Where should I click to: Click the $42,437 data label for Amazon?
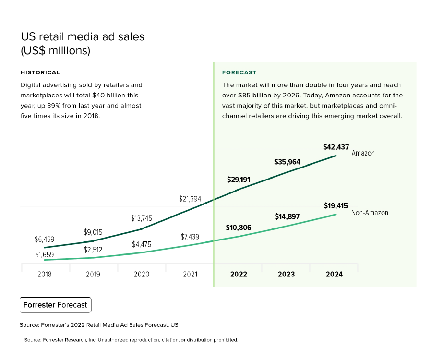point(336,147)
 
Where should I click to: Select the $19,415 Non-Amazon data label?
point(336,206)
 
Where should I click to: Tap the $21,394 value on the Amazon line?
point(190,199)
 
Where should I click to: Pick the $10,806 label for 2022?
point(239,228)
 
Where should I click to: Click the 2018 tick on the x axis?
point(44,274)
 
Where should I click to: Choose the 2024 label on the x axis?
point(334,274)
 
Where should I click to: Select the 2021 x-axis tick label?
point(190,274)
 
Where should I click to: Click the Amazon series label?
point(363,153)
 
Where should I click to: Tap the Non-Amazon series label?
point(370,213)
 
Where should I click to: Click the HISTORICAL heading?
point(40,72)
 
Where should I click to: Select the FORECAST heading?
point(239,72)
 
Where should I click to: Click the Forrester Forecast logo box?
point(56,305)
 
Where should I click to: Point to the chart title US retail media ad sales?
point(83,37)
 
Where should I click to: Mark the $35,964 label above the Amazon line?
point(287,162)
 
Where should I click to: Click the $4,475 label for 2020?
point(142,244)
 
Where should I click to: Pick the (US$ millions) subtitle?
point(56,50)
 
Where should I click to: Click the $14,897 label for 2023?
point(287,216)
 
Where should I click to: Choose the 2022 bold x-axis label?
point(239,274)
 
